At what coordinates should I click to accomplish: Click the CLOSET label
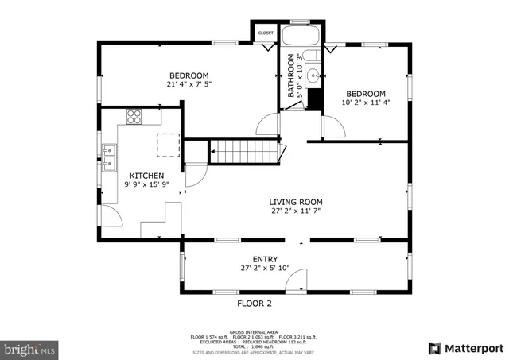(x=266, y=33)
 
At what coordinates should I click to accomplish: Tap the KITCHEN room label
(x=147, y=176)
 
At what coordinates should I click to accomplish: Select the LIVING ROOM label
(x=295, y=202)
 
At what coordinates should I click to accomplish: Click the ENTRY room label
(x=265, y=259)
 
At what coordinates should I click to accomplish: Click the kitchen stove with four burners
(x=134, y=117)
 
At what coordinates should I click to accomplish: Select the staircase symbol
(x=246, y=150)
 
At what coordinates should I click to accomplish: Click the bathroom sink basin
(x=313, y=78)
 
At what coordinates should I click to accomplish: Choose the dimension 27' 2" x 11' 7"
(x=295, y=212)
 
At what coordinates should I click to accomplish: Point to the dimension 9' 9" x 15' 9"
(x=147, y=185)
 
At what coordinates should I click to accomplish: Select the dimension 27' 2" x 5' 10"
(x=265, y=269)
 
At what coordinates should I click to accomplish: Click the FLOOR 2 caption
(x=254, y=304)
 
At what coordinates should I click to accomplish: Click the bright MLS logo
(x=30, y=348)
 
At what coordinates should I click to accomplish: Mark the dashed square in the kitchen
(x=168, y=145)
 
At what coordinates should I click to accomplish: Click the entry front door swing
(x=297, y=280)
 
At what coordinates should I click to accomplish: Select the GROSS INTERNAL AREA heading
(x=254, y=331)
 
